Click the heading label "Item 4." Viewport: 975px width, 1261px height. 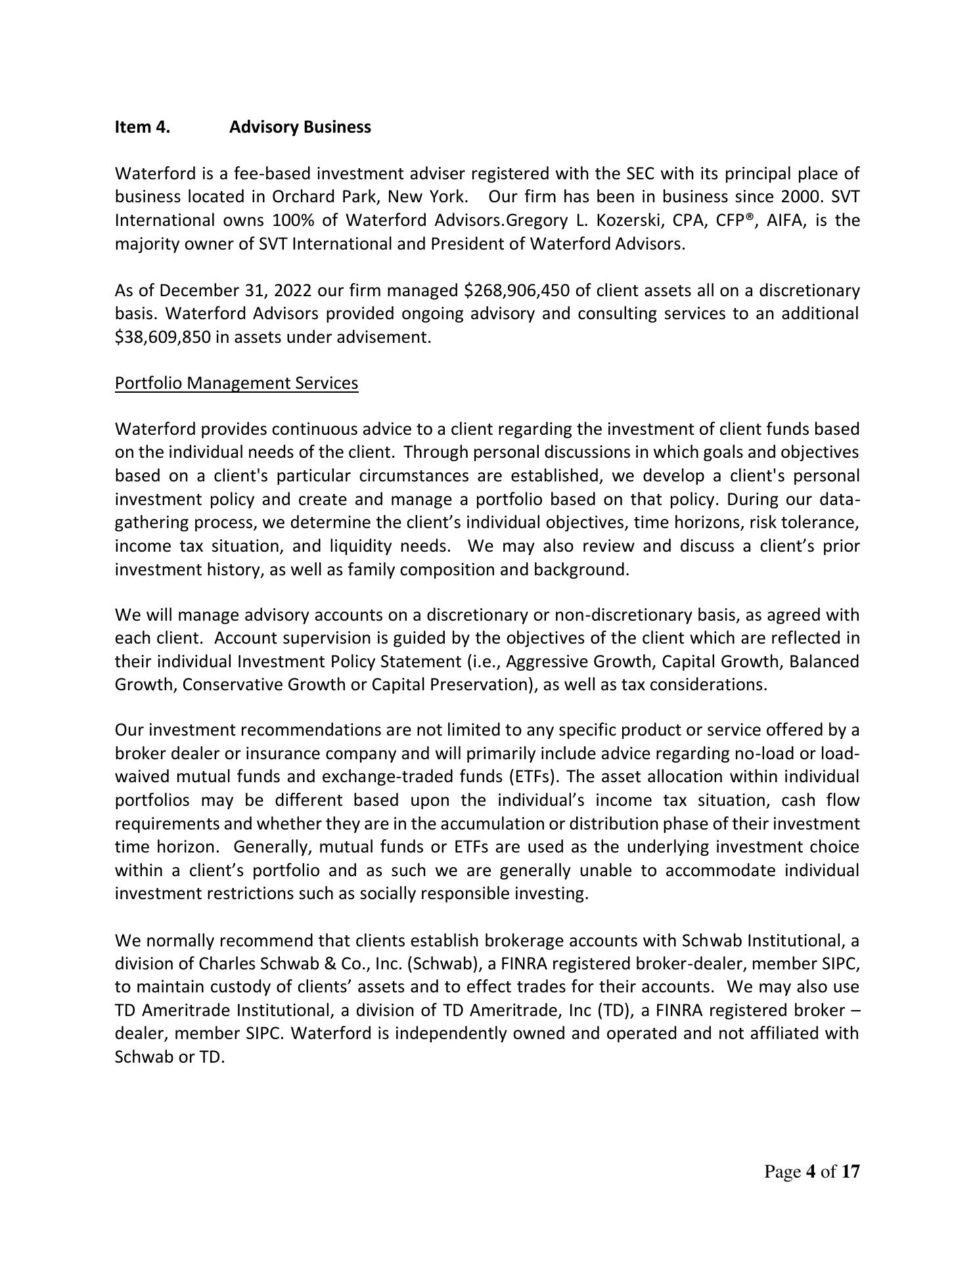point(142,127)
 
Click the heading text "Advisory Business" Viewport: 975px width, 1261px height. point(300,127)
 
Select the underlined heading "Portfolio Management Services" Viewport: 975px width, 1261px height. point(237,383)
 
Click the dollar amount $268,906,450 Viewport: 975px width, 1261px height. point(516,290)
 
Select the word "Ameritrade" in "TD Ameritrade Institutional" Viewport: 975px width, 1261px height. point(187,1010)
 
